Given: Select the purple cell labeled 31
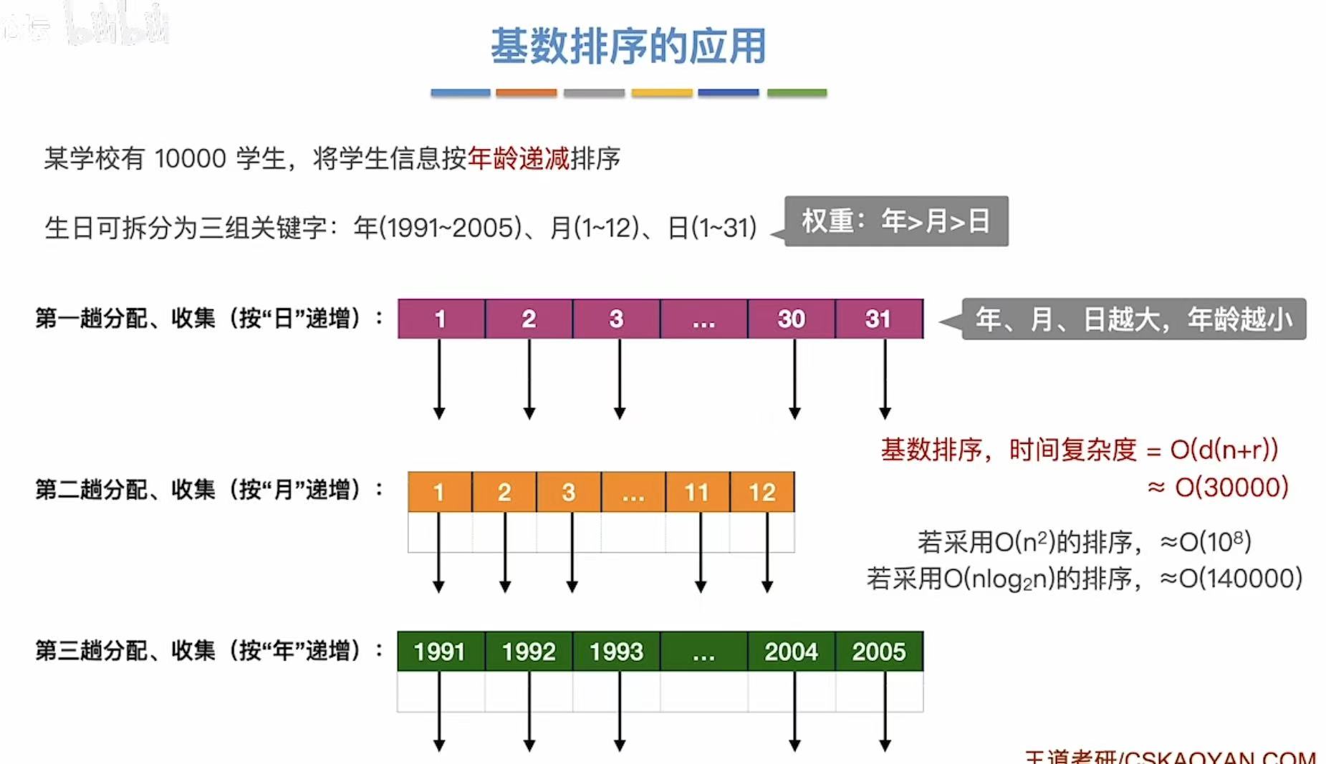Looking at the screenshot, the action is (879, 319).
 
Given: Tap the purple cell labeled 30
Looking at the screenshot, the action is (791, 319).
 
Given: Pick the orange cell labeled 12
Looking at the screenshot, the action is (762, 492).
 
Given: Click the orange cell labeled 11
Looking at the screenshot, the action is (697, 492).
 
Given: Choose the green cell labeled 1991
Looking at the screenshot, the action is (440, 651).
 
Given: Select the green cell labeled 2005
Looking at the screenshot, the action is (879, 651).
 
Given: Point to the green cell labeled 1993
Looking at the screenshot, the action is (616, 651).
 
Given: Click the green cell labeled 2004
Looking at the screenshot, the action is (791, 651).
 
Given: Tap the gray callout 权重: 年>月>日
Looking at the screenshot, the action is (896, 221).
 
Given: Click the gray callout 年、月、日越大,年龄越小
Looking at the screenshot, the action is (1133, 319).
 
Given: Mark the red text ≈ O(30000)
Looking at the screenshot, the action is (1218, 488).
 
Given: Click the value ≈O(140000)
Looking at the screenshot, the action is (1231, 578).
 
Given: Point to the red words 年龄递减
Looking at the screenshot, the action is (519, 158).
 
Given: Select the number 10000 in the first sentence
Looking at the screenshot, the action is (190, 158).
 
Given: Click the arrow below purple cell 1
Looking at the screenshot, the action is (439, 379).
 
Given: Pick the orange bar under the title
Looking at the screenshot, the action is (526, 92).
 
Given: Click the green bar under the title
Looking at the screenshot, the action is (797, 92).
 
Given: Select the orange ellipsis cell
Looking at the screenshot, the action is (633, 492).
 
